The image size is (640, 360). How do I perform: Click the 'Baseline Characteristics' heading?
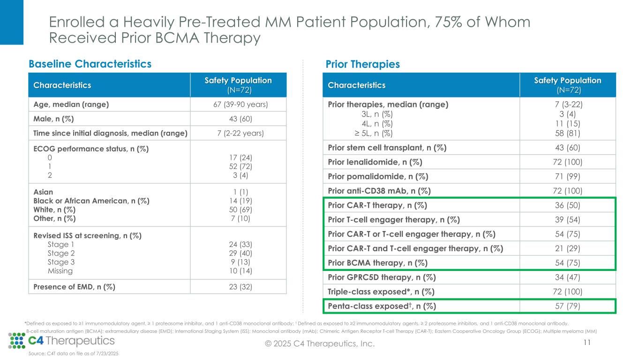pos(90,64)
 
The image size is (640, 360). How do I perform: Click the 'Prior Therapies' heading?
pos(362,64)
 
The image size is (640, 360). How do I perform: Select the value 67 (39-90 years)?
pos(239,105)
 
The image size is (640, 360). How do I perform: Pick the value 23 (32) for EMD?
pos(239,286)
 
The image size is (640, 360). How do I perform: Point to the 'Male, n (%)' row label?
pos(53,119)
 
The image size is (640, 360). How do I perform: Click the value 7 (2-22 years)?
pos(239,134)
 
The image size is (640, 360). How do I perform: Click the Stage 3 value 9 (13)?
pos(239,262)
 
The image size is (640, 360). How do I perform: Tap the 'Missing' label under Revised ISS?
pos(60,271)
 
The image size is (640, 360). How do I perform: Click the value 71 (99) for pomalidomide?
pos(567,177)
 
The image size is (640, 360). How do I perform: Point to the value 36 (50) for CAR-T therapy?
pos(567,205)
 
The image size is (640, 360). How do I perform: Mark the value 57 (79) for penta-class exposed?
pos(567,307)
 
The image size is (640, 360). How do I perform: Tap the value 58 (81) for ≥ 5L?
pos(567,133)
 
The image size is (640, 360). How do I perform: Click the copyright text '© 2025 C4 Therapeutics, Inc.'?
pos(320,344)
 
